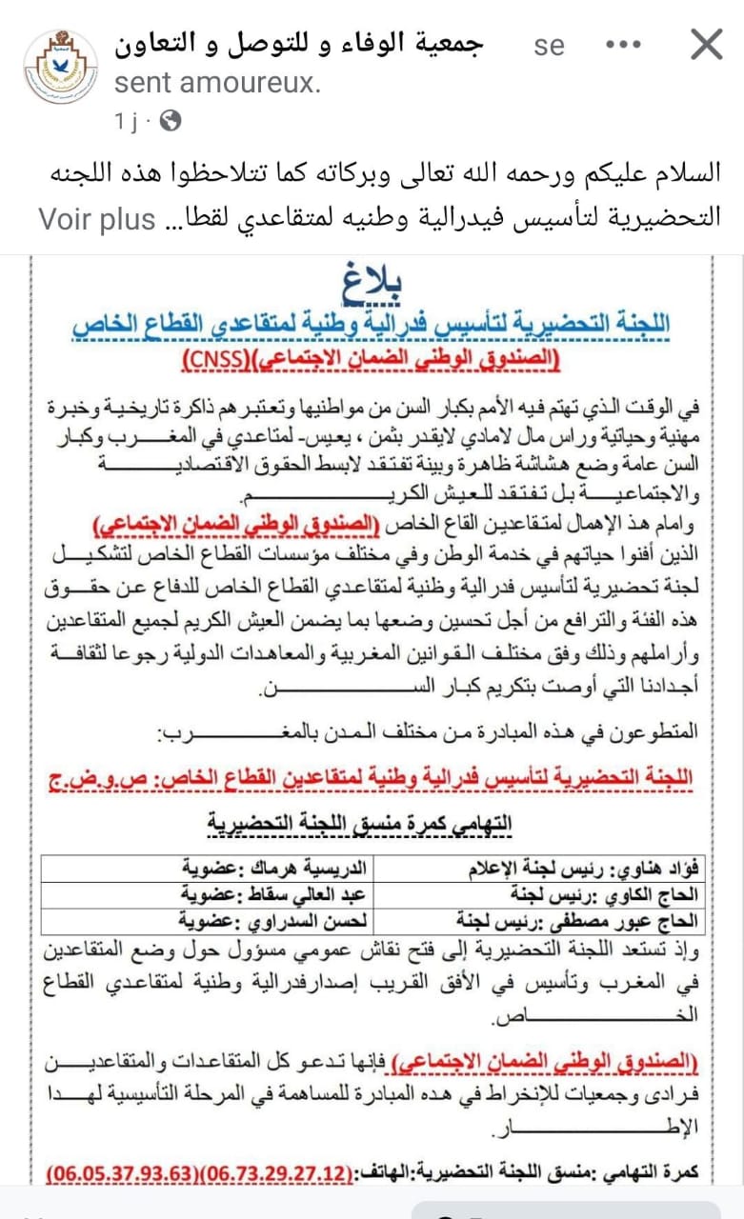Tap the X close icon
(x=706, y=44)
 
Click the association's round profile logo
(x=60, y=66)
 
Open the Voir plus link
(x=96, y=219)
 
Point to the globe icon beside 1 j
(x=171, y=121)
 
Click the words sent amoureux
(x=217, y=83)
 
